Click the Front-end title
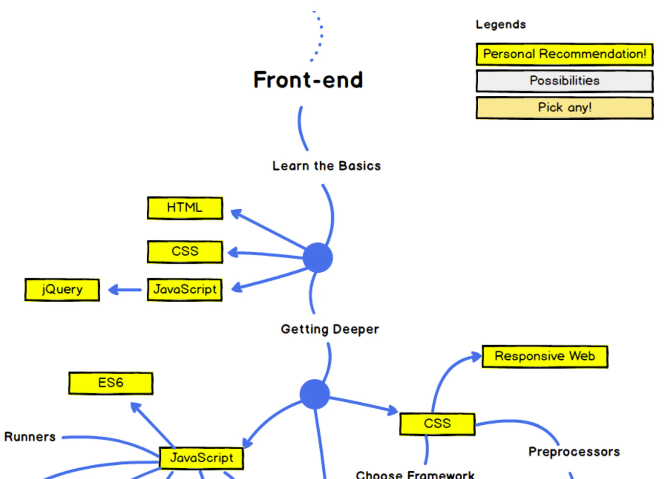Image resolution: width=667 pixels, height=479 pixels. pyautogui.click(x=308, y=80)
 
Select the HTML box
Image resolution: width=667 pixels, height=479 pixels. pyautogui.click(x=185, y=208)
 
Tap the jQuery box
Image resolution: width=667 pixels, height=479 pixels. pyautogui.click(x=62, y=289)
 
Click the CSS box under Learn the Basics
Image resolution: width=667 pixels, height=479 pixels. pyautogui.click(x=185, y=252)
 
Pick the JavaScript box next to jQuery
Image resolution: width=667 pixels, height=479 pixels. pyautogui.click(x=185, y=289)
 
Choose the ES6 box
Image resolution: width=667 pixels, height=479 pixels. pyautogui.click(x=111, y=383)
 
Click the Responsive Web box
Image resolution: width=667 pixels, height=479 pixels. pyautogui.click(x=545, y=356)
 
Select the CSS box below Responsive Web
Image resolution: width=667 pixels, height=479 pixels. pyautogui.click(x=437, y=423)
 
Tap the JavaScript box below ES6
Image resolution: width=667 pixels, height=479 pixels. pyautogui.click(x=201, y=458)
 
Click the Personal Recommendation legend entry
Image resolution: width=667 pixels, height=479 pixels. pyautogui.click(x=564, y=54)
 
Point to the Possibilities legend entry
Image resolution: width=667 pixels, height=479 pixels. pyautogui.click(x=564, y=81)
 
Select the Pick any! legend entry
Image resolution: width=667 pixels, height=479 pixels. pyautogui.click(x=564, y=108)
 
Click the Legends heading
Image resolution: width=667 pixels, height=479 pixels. pyautogui.click(x=501, y=24)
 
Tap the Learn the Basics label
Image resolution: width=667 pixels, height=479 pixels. pyautogui.click(x=326, y=166)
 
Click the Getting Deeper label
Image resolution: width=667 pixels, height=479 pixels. pyautogui.click(x=330, y=329)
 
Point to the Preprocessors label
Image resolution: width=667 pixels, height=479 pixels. pyautogui.click(x=574, y=452)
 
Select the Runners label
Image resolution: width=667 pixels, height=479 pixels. pyautogui.click(x=30, y=437)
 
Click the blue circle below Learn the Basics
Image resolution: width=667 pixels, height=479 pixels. pyautogui.click(x=318, y=258)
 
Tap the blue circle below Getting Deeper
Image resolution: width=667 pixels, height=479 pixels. pyautogui.click(x=314, y=394)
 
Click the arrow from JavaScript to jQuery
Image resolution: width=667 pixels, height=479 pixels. pyautogui.click(x=124, y=290)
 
